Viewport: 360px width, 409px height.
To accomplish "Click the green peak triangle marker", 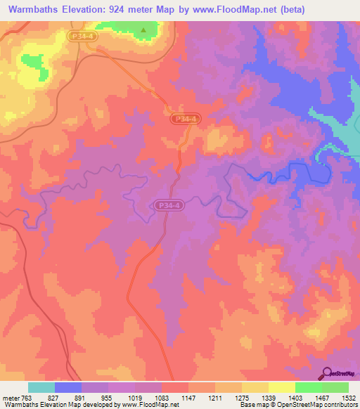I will (143, 30).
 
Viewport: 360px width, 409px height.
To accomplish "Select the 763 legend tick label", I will (27, 397).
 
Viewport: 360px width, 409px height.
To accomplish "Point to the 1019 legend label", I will (134, 397).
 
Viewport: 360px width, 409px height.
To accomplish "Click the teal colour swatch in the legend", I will (41, 387).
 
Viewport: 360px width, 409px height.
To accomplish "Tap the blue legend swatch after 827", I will (68, 387).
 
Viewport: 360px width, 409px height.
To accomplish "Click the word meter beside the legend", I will (8, 397).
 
